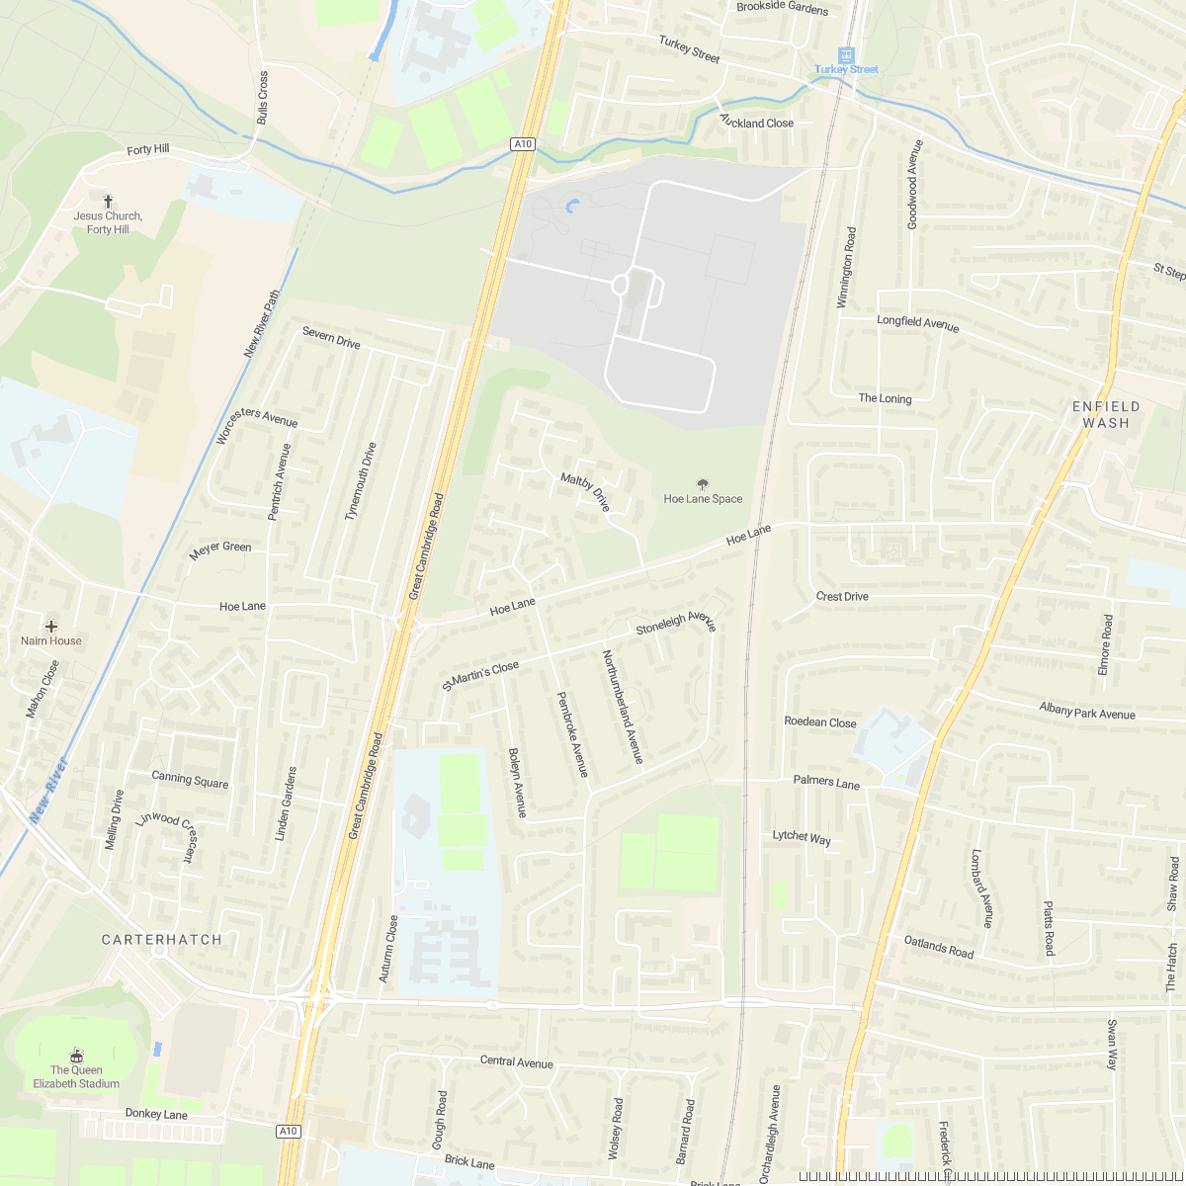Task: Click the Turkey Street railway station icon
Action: point(846,54)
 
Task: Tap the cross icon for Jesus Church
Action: point(108,201)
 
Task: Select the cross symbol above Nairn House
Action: point(51,626)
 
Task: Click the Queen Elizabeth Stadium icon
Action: point(77,1056)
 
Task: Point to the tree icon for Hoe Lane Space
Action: point(703,484)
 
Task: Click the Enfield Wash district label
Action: point(1106,414)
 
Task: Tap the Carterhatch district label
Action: point(162,939)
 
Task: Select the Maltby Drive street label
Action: point(586,492)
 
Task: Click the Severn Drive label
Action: point(331,337)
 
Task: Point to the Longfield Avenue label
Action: point(917,322)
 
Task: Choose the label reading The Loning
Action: point(885,398)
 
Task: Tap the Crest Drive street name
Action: point(842,596)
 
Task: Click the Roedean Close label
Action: point(819,721)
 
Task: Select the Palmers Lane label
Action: point(826,782)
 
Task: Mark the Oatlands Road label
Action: point(939,946)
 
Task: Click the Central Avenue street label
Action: point(516,1061)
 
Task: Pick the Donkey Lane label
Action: point(156,1114)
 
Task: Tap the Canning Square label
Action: point(190,780)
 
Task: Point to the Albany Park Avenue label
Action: point(1087,711)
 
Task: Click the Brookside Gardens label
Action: point(782,8)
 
